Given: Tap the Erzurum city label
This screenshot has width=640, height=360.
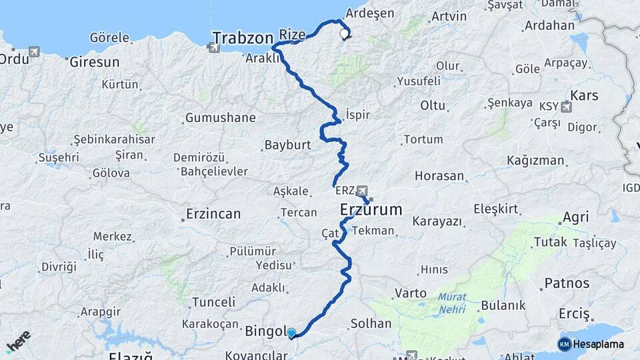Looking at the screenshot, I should (x=371, y=209).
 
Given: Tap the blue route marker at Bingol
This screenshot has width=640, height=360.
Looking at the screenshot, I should (x=291, y=332).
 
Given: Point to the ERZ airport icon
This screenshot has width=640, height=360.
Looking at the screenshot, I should (x=361, y=191).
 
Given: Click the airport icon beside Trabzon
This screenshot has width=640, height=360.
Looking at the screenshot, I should (x=213, y=47).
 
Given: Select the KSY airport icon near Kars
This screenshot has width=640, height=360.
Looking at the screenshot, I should (x=567, y=106).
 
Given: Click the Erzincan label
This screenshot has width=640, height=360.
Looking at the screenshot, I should (x=213, y=214).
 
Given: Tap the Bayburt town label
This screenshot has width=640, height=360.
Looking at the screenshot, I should (x=288, y=144).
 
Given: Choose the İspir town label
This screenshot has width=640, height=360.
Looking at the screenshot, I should (x=357, y=114).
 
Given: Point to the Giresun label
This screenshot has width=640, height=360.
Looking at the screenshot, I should (x=95, y=62).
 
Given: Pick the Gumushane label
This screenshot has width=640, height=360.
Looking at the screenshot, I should (x=220, y=118).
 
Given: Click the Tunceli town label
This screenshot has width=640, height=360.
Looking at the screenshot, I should (x=213, y=302).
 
